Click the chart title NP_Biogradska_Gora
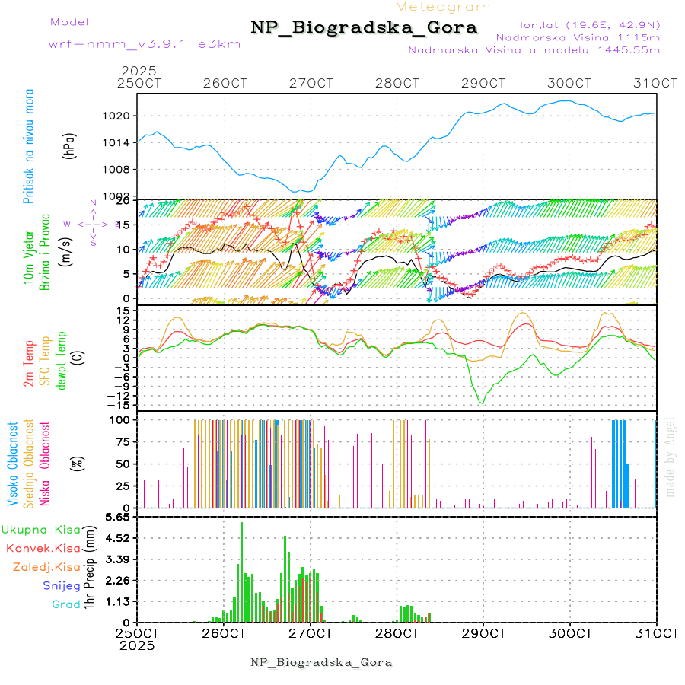coord(364,28)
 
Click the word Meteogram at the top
coord(444,7)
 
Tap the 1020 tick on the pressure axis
coord(122,116)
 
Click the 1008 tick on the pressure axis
coord(122,169)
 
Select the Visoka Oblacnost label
coord(13,464)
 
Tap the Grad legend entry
coord(66,604)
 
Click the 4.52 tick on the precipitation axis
coord(117,538)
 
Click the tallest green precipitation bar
coord(242,571)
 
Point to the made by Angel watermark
coord(671,457)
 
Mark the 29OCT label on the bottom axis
coord(483,633)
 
